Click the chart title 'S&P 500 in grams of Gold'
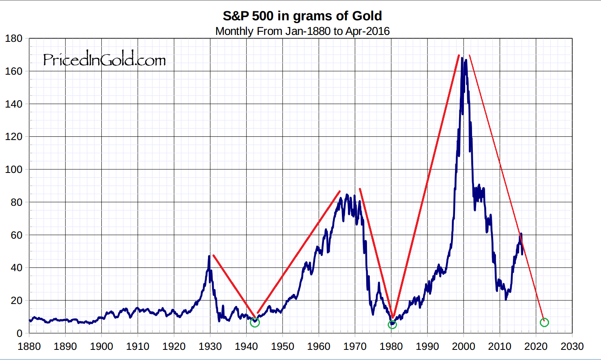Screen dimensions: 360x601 [x=302, y=16]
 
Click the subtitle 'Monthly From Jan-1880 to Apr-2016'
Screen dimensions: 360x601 [x=302, y=31]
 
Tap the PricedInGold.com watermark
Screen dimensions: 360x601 [x=104, y=60]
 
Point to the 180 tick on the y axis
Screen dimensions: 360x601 [x=14, y=39]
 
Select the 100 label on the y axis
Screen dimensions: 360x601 [x=14, y=170]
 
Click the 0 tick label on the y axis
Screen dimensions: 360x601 [x=19, y=334]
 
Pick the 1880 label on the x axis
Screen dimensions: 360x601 [x=29, y=347]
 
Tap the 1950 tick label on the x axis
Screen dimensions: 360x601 [x=283, y=347]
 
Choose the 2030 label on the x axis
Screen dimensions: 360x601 [x=572, y=347]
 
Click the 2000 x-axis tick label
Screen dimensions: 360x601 [x=464, y=347]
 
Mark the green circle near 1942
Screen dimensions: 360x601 [x=255, y=323]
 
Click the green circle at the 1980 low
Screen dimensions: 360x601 [x=392, y=325]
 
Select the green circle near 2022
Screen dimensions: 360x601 [x=544, y=323]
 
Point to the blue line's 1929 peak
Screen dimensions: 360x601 [x=209, y=256]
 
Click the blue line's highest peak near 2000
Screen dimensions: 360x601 [x=462, y=58]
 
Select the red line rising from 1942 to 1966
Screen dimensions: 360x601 [x=298, y=252]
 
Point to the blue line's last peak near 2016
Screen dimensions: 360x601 [x=521, y=234]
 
